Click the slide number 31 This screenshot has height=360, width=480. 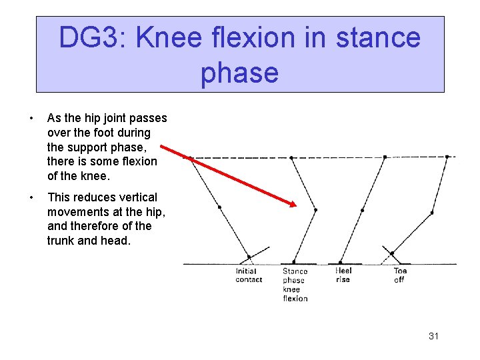pos(433,336)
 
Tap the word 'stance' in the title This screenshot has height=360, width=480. pos(378,38)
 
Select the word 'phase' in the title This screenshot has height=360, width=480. pos(239,72)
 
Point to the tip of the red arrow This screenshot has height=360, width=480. pos(295,205)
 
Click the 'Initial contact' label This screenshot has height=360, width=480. pos(249,275)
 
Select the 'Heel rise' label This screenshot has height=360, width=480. pos(343,275)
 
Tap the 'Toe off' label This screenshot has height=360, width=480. pos(400,275)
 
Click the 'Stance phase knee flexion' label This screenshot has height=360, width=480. pos(295,285)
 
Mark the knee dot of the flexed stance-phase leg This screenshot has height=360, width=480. pos(315,210)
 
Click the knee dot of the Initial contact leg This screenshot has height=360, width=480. pos(219,207)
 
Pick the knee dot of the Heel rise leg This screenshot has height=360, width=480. pos(363,210)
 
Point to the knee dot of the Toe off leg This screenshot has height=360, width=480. pos(432,213)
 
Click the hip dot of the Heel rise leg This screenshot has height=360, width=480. pos(385,157)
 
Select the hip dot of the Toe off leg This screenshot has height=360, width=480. pos(447,157)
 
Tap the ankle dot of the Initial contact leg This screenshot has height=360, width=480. pos(249,257)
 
